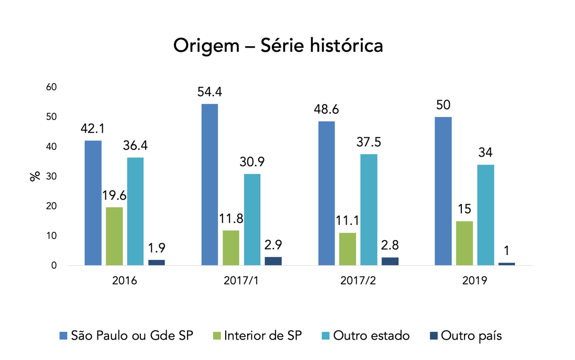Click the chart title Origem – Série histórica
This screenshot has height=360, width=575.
pos(278,46)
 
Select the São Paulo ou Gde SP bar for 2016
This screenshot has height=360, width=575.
pos(93,203)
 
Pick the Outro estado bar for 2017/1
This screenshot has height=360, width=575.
pos(252,220)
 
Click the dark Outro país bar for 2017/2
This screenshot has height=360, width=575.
pos(390,261)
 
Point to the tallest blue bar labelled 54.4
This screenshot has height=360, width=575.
pos(209,184)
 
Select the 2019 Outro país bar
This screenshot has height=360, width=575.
pos(506,264)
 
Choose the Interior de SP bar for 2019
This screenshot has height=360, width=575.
pos(464,243)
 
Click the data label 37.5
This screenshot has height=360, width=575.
pos(369,143)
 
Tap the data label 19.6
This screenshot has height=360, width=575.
pos(115,196)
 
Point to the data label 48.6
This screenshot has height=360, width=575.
pos(326,110)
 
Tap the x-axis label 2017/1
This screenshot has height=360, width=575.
pos(241,281)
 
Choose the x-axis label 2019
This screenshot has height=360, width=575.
pos(475,281)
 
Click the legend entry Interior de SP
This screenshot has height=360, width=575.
pos(262,335)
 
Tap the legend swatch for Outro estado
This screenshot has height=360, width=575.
pos(325,336)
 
